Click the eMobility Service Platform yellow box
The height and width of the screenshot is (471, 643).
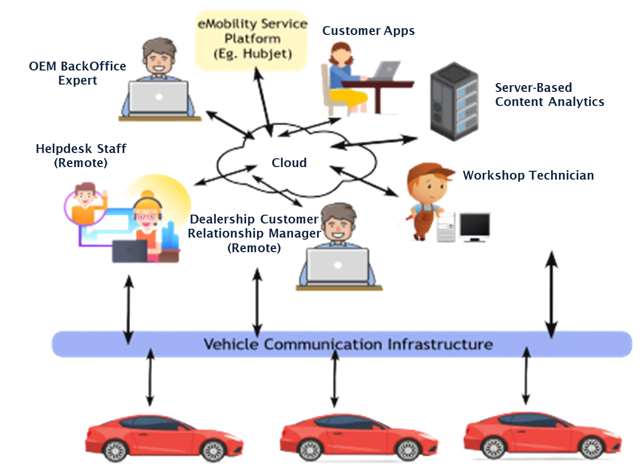tap(251, 39)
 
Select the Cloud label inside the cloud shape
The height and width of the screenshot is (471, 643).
tap(289, 162)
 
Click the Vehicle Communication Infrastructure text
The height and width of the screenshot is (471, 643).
tap(347, 344)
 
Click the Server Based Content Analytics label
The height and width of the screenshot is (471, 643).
tap(548, 95)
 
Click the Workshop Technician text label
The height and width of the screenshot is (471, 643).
tap(529, 175)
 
